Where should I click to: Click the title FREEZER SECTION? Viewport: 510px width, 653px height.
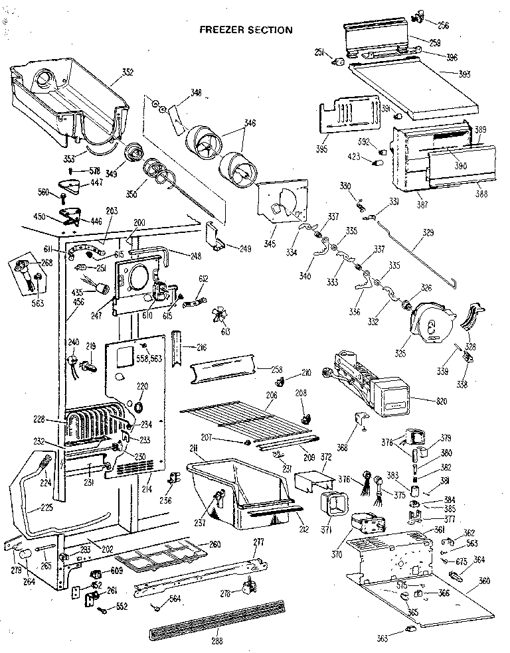pos(246,30)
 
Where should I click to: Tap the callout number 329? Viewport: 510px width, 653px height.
pos(428,234)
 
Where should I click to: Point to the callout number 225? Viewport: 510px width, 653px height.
pos(29,510)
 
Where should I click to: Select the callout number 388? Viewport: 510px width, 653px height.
pos(481,194)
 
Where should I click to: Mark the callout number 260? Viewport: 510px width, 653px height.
pos(214,544)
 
